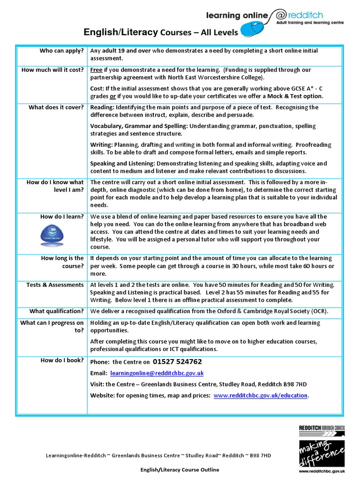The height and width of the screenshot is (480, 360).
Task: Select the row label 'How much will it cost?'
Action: click(x=52, y=70)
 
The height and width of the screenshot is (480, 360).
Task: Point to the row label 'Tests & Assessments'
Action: click(x=55, y=285)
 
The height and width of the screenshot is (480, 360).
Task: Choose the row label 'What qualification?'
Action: click(x=56, y=311)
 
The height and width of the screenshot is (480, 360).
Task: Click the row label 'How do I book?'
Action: click(x=62, y=360)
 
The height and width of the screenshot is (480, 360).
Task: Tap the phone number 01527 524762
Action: click(x=177, y=362)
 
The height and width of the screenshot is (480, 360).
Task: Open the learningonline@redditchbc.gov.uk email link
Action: click(x=157, y=373)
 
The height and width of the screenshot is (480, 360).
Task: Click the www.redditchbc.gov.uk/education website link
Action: click(x=260, y=396)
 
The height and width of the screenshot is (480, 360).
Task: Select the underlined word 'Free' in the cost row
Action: click(x=96, y=70)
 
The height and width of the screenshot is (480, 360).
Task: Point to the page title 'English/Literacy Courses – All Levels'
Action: click(x=160, y=32)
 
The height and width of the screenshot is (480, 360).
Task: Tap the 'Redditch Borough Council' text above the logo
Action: click(x=322, y=427)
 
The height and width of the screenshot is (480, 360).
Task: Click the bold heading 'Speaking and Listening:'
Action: click(x=122, y=164)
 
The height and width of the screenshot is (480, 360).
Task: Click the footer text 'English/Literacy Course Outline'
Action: click(x=180, y=469)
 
